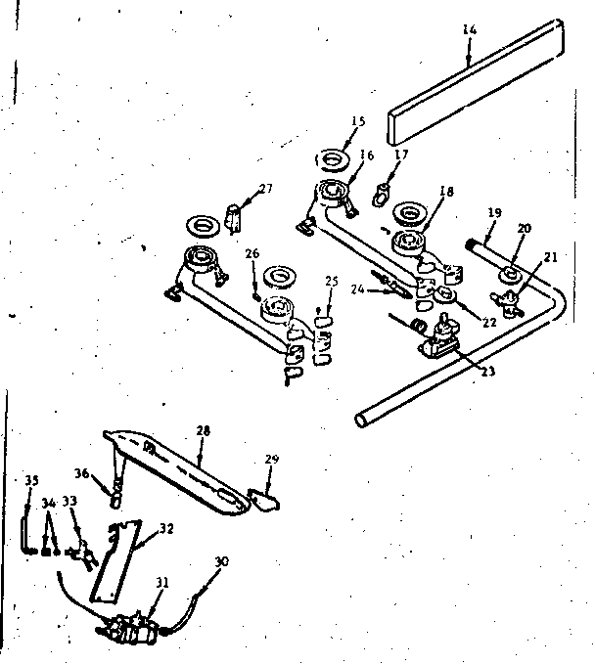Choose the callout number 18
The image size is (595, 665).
pyautogui.click(x=446, y=193)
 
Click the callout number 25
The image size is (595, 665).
pyautogui.click(x=332, y=282)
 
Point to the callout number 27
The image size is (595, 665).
pyautogui.click(x=265, y=189)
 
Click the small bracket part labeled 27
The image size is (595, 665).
pyautogui.click(x=234, y=218)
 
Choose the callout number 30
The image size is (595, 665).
pyautogui.click(x=221, y=561)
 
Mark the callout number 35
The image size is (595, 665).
pyautogui.click(x=31, y=480)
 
